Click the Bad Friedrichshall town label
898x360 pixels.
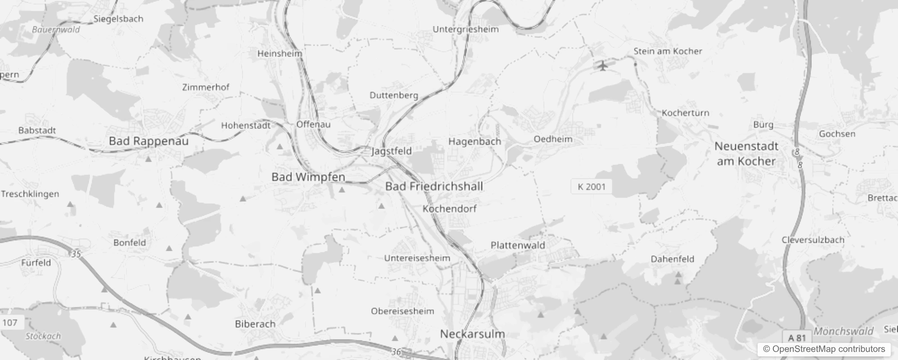(434, 186)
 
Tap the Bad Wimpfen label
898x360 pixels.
(308, 177)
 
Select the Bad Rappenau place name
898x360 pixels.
(148, 141)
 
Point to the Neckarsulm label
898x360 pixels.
(472, 334)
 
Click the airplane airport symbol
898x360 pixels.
(603, 66)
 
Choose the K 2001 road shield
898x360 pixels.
(591, 187)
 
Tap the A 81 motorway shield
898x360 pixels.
(797, 337)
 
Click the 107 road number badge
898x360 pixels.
(10, 322)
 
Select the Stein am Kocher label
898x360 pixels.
(668, 51)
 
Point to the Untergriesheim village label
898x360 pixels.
(465, 29)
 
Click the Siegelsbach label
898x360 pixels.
(118, 19)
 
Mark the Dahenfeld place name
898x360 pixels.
(672, 259)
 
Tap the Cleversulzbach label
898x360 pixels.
(813, 240)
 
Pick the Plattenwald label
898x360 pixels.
(517, 245)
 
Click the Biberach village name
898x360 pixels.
(255, 324)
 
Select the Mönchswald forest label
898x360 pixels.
(843, 332)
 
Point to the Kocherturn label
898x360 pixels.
(685, 113)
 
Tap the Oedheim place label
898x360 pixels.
(553, 139)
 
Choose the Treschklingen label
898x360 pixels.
(30, 194)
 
